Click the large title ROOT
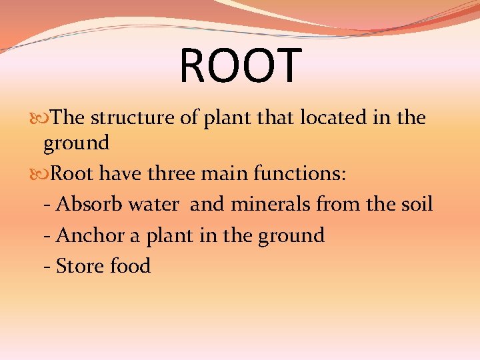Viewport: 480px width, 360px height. pyautogui.click(x=240, y=66)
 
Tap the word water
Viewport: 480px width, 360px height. pyautogui.click(x=154, y=204)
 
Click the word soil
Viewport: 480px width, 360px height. pyautogui.click(x=415, y=204)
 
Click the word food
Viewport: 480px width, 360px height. pyautogui.click(x=131, y=266)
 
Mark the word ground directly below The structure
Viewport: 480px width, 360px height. pyautogui.click(x=76, y=143)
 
